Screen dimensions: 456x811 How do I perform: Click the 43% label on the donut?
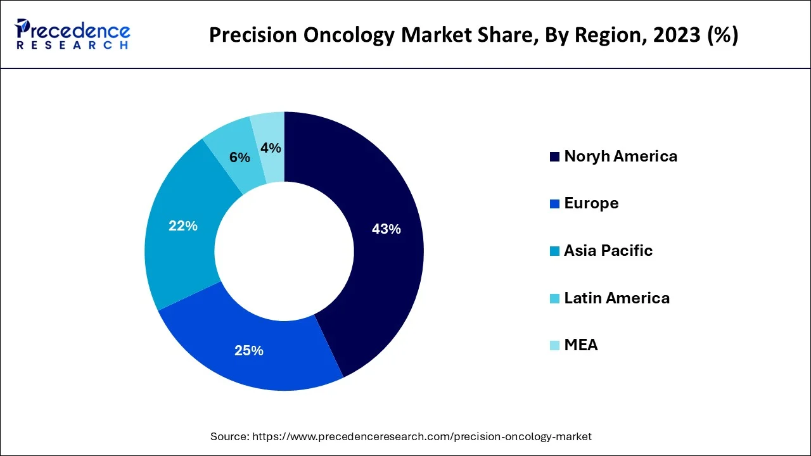[386, 229]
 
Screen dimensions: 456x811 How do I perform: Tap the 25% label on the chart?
[249, 350]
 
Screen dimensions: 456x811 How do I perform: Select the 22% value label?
[183, 225]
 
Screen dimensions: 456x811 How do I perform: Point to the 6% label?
[239, 158]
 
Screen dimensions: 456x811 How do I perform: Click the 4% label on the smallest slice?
[271, 148]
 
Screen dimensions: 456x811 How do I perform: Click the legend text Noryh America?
[620, 156]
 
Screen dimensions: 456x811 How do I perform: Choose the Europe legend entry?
[591, 203]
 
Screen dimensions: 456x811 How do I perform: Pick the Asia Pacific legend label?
[608, 251]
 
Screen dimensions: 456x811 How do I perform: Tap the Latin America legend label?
[616, 298]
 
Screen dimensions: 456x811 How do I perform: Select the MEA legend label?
[581, 345]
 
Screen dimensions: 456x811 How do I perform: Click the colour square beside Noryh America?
[554, 157]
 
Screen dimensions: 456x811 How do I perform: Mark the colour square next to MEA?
[554, 346]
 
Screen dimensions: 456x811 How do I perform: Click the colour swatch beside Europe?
[554, 204]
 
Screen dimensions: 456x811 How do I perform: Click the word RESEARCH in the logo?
[72, 46]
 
